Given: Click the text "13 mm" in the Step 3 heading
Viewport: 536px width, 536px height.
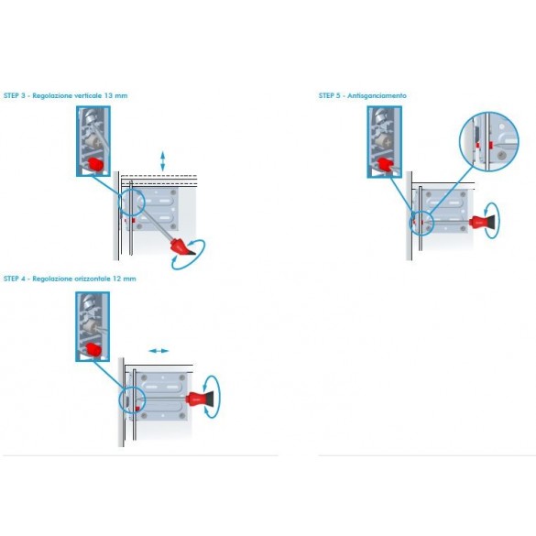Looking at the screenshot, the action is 115,95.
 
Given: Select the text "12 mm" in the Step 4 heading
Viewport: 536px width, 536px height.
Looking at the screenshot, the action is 124,279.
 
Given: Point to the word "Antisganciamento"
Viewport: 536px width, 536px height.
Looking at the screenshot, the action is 377,95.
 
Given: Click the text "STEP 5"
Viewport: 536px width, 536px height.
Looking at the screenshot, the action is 329,95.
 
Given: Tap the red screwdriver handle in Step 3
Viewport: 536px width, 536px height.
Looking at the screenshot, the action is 181,246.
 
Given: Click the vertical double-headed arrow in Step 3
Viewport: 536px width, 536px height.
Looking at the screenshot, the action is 163,161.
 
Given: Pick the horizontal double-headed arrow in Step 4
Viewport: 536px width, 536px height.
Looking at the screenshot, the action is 159,351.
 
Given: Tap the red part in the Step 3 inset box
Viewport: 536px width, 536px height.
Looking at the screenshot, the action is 96,164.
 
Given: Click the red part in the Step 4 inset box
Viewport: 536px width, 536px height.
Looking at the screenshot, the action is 93,349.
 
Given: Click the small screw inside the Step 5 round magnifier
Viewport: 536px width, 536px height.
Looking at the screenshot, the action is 501,155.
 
